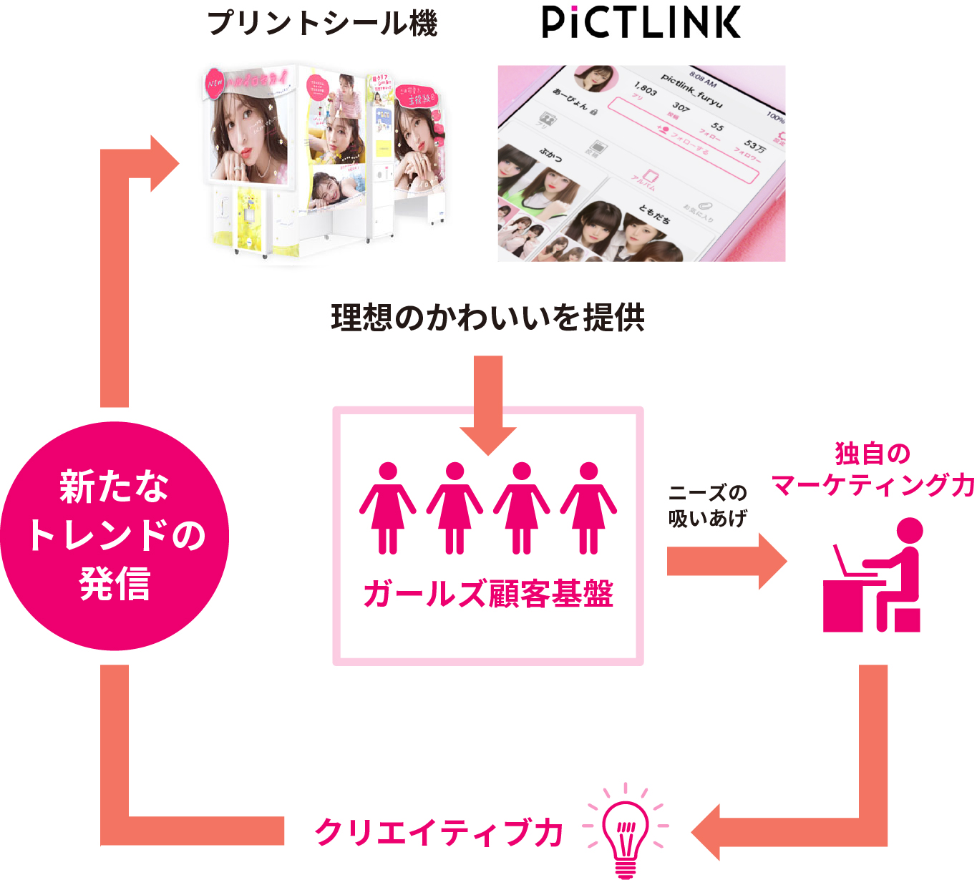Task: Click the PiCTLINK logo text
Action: (641, 22)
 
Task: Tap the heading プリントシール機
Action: (322, 23)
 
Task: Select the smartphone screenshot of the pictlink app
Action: (641, 163)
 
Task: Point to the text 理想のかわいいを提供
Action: (488, 318)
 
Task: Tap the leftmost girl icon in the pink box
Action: (388, 508)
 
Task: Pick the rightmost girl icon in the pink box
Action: (588, 508)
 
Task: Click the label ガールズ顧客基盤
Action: (488, 594)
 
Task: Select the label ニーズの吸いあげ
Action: (707, 505)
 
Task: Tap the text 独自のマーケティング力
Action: (873, 469)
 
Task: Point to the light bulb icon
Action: (626, 830)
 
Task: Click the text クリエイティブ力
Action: (439, 832)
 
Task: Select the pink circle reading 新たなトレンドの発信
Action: (115, 536)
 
